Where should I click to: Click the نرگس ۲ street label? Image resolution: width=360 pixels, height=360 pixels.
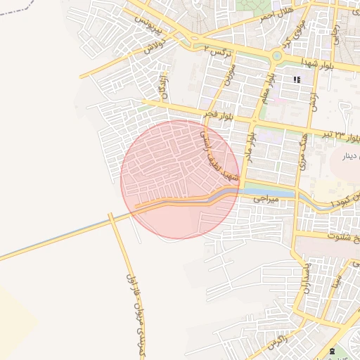pyautogui.click(x=217, y=51)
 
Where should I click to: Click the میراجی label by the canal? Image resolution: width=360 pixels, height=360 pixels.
pyautogui.click(x=268, y=199)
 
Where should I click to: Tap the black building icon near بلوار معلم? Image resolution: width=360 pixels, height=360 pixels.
pyautogui.click(x=297, y=79)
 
